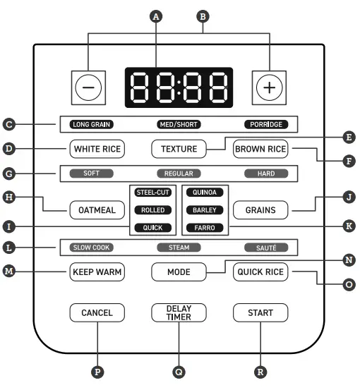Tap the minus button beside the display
click(x=92, y=88)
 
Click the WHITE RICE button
click(x=97, y=149)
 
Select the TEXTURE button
click(x=179, y=149)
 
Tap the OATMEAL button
click(x=97, y=209)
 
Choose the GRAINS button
click(x=260, y=209)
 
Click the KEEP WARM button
click(x=97, y=272)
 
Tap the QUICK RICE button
click(x=260, y=272)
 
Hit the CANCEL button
click(x=97, y=312)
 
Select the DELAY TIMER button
click(x=179, y=312)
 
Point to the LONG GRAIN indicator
click(x=92, y=125)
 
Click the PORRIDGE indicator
click(x=266, y=125)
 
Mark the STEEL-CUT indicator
click(x=152, y=192)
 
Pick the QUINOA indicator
click(x=205, y=192)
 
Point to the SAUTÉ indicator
click(x=266, y=248)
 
